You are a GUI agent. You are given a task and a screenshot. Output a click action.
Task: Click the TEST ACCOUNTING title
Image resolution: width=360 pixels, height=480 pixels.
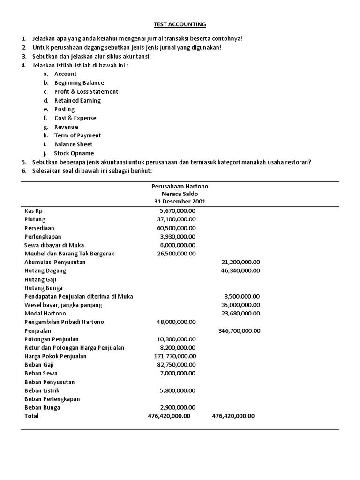point(180,24)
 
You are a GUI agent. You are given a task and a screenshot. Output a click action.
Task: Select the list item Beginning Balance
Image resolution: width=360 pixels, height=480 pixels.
point(79,83)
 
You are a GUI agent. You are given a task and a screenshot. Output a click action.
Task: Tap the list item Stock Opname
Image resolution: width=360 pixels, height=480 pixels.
point(74,153)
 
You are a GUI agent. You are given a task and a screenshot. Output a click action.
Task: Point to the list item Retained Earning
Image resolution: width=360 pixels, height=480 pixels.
point(77,100)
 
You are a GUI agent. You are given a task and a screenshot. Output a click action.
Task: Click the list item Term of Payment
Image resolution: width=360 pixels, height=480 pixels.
point(77,135)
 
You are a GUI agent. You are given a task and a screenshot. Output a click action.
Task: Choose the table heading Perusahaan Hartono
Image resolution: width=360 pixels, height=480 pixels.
point(180,186)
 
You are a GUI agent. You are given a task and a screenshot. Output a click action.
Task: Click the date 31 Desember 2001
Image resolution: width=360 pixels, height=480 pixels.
point(180,202)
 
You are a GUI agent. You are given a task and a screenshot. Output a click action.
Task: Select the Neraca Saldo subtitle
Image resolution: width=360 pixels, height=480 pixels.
point(180,194)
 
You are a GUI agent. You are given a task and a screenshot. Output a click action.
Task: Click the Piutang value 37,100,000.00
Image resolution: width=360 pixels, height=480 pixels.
point(176,219)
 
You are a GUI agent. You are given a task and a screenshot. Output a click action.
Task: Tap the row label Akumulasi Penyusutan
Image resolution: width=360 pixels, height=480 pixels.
point(55,262)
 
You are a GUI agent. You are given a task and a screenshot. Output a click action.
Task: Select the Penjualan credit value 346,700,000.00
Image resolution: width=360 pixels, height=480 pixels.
point(239,330)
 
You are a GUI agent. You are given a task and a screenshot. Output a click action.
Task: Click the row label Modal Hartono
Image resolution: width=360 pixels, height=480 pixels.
point(45,313)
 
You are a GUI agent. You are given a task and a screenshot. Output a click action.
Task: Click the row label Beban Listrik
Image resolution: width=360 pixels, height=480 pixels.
point(43,390)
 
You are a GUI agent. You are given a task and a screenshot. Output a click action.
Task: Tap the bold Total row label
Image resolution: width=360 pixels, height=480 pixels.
point(31,416)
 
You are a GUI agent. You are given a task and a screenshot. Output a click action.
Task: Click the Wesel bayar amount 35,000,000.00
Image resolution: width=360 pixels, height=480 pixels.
point(240,305)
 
